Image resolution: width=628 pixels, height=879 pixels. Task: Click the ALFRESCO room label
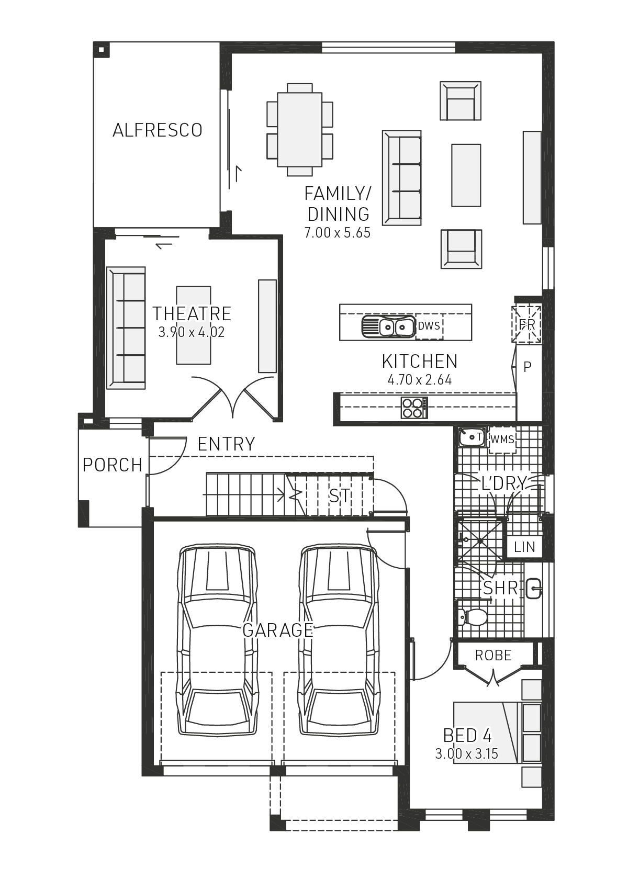tap(157, 130)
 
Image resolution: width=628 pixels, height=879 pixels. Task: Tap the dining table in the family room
tap(299, 129)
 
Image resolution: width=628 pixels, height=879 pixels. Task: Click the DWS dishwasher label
tap(429, 326)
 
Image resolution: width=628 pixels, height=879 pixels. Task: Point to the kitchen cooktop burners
tap(413, 408)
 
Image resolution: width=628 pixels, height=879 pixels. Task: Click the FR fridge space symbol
tap(527, 324)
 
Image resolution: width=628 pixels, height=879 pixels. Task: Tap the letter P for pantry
tap(528, 367)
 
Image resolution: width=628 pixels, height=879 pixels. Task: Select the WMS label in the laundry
tap(502, 439)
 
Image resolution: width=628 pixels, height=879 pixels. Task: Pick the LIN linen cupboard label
tap(524, 547)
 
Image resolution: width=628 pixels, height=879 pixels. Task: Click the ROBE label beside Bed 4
tap(493, 655)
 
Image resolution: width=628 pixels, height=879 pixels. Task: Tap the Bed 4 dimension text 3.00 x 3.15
tap(466, 754)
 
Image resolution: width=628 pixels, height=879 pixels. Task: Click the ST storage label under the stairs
tap(339, 495)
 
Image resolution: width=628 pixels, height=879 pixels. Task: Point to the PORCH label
tap(112, 465)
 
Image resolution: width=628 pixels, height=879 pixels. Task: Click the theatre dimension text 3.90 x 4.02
tap(191, 332)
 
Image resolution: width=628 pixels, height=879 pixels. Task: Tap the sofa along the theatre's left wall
tap(126, 328)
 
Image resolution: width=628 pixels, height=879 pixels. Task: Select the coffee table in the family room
tap(466, 175)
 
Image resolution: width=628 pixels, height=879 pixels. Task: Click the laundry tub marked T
tap(472, 437)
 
